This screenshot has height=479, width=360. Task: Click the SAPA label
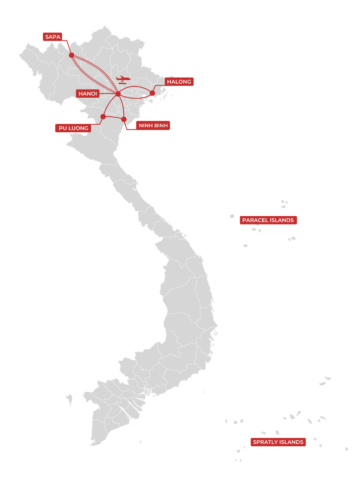(x=52, y=37)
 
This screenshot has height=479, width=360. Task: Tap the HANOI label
(x=88, y=94)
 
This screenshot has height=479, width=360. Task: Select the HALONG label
(x=179, y=82)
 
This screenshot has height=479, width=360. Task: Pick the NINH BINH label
(x=153, y=125)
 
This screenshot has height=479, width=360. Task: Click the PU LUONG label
(x=73, y=128)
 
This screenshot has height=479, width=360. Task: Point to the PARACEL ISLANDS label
(x=268, y=220)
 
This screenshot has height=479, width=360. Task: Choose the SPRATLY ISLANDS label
(x=278, y=442)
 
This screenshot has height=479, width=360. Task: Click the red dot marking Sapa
(x=72, y=55)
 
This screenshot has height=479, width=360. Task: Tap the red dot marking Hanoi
(x=118, y=94)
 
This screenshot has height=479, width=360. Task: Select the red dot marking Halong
(x=152, y=93)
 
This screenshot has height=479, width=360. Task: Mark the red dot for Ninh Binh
(x=124, y=119)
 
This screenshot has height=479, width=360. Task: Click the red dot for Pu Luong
(x=103, y=117)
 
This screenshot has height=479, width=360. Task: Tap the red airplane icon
(x=123, y=80)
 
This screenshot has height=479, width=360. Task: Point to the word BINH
(x=161, y=125)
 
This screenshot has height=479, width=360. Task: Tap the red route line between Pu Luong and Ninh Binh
(x=113, y=117)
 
